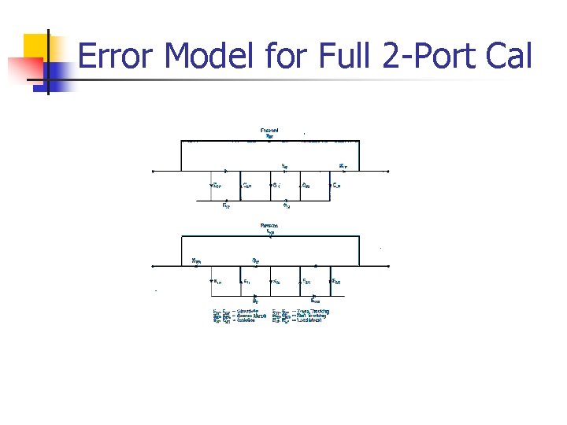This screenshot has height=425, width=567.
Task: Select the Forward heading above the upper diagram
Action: coord(269,131)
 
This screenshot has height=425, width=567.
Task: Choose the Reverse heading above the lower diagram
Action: coord(269,226)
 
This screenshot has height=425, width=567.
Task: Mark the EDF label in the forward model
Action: coord(217,186)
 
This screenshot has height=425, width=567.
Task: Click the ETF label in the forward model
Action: coord(343,166)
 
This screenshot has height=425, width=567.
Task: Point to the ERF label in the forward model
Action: coord(226,206)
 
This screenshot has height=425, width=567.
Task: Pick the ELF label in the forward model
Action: coord(336,186)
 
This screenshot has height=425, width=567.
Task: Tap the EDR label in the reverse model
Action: coord(336,281)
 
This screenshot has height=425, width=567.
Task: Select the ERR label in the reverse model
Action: coord(315,300)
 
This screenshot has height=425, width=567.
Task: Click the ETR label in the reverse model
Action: coord(197,261)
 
